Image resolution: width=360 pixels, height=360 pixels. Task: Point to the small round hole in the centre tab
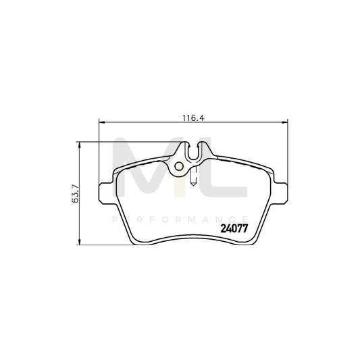pyautogui.click(x=179, y=166)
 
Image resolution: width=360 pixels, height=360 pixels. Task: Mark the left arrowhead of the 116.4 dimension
pyautogui.click(x=103, y=122)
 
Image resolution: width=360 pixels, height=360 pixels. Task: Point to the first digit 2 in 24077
pyautogui.click(x=224, y=228)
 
